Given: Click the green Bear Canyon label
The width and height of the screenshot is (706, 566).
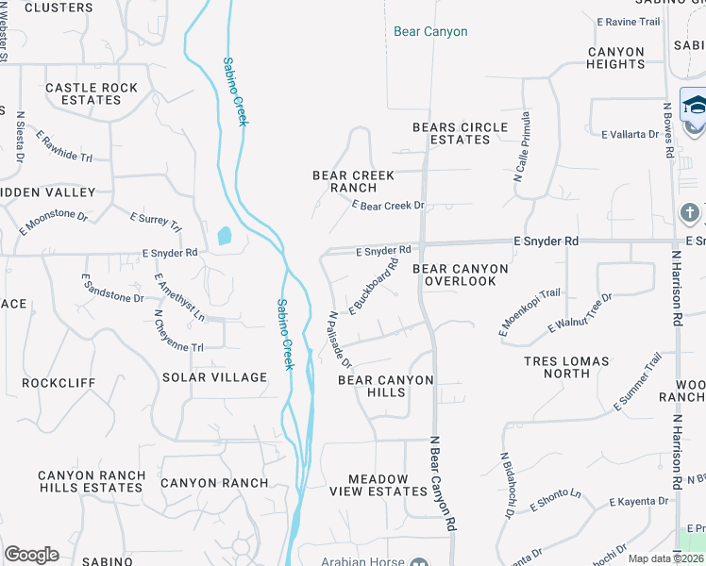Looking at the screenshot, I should click(x=430, y=32).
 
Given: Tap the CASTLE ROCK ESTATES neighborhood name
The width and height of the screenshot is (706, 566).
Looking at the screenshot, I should click(x=92, y=93).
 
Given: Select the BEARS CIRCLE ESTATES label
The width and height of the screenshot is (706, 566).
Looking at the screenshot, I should click(x=461, y=133).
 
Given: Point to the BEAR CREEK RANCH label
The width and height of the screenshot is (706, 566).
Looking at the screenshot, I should click(x=353, y=181).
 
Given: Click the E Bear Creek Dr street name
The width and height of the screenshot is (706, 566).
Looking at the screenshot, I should click(x=388, y=205).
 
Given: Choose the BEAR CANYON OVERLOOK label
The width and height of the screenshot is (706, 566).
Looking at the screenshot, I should click(x=461, y=275).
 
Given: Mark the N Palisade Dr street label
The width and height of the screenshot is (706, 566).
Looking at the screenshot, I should click(x=340, y=341).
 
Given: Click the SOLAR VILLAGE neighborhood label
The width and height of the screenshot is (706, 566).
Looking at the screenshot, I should click(x=215, y=377).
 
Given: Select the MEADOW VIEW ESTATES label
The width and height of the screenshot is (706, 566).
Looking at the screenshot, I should click(x=378, y=485).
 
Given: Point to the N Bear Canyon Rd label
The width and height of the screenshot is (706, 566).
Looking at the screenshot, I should click(x=443, y=481).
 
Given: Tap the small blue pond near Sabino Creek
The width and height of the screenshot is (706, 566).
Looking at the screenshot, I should click(x=224, y=236).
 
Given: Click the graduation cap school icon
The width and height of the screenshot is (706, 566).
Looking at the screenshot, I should click(x=695, y=105).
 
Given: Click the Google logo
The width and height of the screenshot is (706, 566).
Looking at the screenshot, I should click(x=31, y=555).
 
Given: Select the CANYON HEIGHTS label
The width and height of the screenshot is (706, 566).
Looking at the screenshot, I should click(x=615, y=58).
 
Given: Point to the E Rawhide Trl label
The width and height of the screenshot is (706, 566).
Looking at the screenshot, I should click(x=64, y=146).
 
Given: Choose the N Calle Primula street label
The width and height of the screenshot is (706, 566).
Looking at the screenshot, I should click(x=521, y=147).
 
